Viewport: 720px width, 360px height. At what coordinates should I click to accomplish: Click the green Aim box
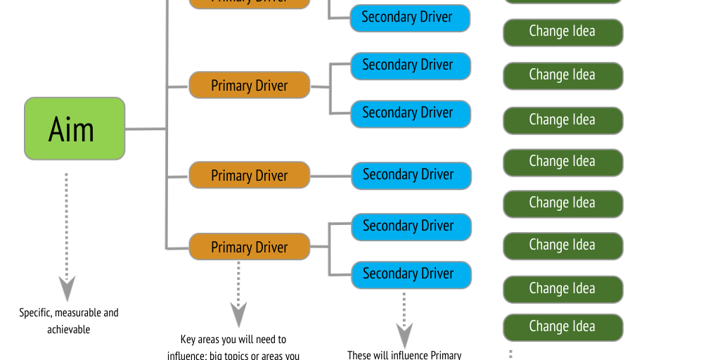[x=75, y=129]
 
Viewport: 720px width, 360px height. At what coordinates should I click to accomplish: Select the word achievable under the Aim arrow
[x=69, y=329]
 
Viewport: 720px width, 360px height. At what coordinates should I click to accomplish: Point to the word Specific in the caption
[x=35, y=312]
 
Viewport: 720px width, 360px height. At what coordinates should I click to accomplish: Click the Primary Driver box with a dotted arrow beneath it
[x=249, y=247]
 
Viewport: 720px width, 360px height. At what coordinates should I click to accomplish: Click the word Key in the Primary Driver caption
[x=188, y=340]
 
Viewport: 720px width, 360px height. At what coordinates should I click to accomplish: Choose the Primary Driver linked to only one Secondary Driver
[x=249, y=175]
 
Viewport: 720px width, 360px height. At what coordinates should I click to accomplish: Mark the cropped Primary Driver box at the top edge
[x=249, y=3]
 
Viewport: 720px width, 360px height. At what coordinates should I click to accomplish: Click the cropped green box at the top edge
[x=562, y=1]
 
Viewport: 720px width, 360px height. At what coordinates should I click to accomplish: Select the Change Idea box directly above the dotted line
[x=562, y=327]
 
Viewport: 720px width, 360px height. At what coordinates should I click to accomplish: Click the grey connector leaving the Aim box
[x=146, y=129]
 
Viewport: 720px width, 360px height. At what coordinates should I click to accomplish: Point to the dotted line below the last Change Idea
[x=510, y=354]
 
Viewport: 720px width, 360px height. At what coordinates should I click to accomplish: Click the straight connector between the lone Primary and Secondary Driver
[x=330, y=175]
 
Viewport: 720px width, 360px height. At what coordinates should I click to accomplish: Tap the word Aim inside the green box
[x=71, y=129]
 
